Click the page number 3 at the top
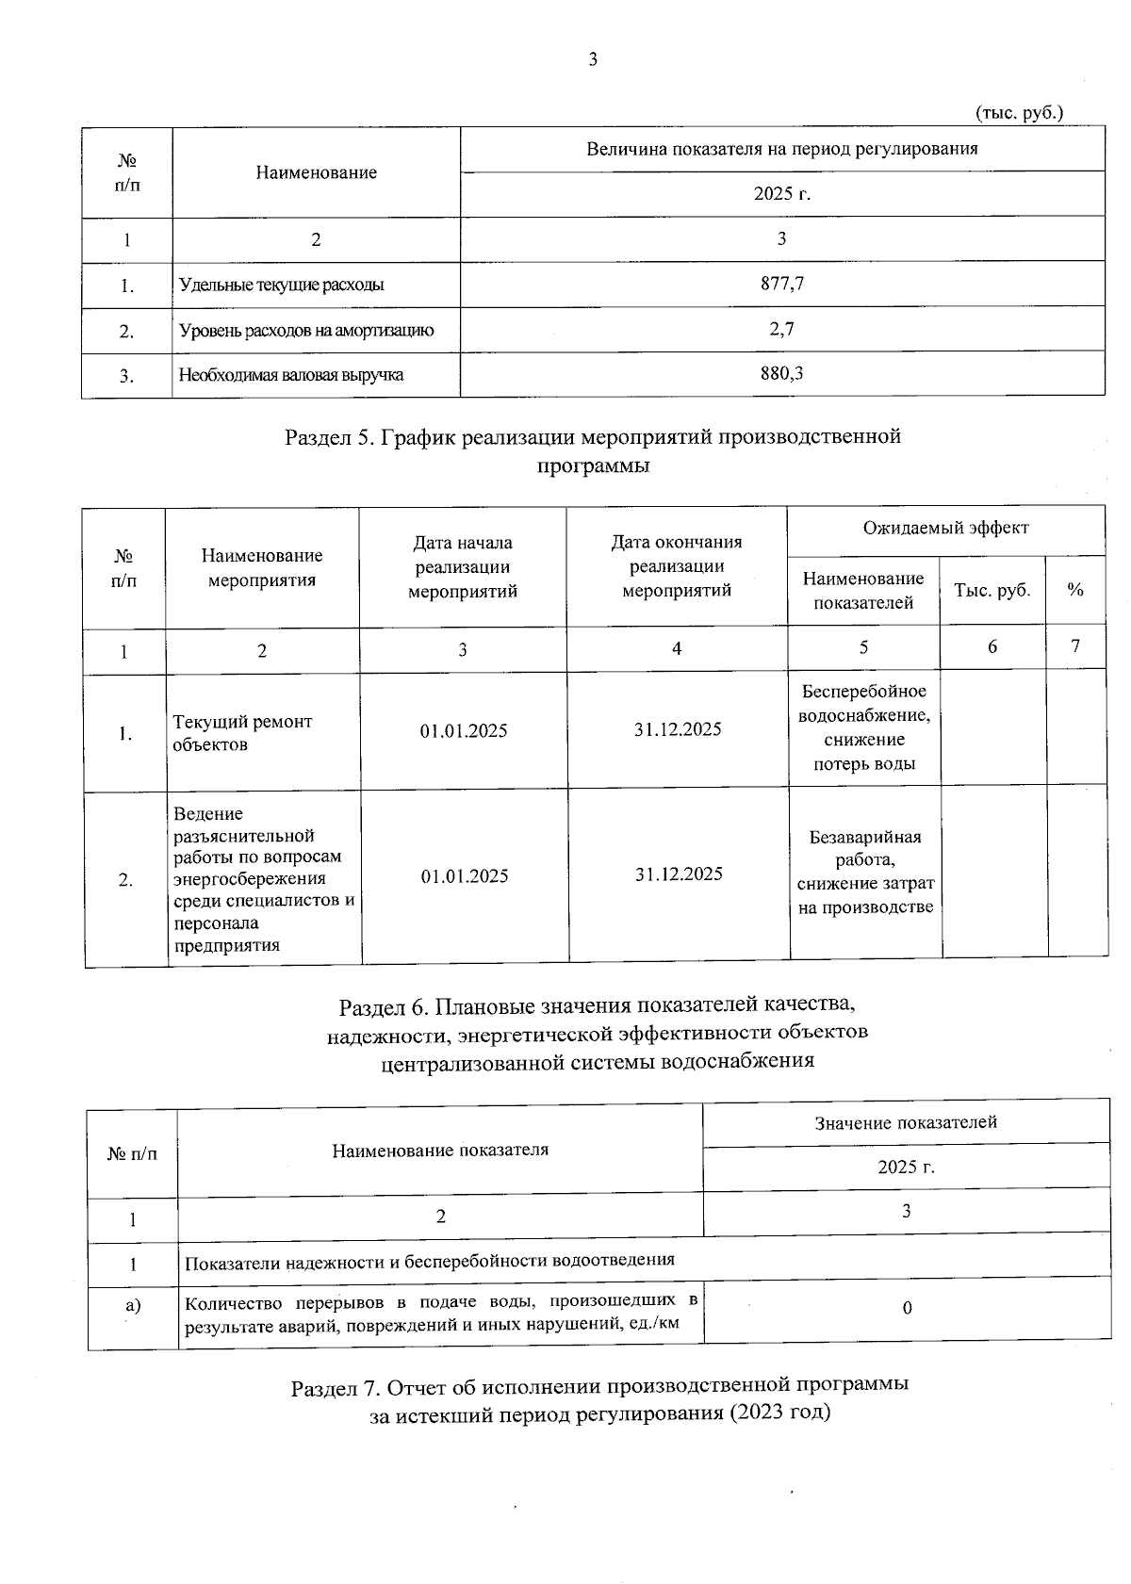click(x=592, y=60)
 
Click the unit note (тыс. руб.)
click(x=1018, y=112)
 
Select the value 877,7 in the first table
click(x=781, y=283)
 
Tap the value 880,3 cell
click(x=781, y=373)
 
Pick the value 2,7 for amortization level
click(x=781, y=329)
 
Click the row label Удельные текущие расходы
click(x=282, y=285)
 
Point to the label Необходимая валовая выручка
click(x=291, y=375)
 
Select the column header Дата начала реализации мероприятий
click(x=462, y=567)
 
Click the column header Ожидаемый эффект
click(x=945, y=528)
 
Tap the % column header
click(x=1074, y=590)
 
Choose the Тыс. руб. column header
click(x=992, y=590)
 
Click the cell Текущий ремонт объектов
click(x=242, y=732)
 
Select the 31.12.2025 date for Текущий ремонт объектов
click(x=678, y=729)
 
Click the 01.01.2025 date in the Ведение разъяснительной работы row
click(x=464, y=876)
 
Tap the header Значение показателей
click(x=905, y=1122)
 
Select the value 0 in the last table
click(x=907, y=1308)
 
